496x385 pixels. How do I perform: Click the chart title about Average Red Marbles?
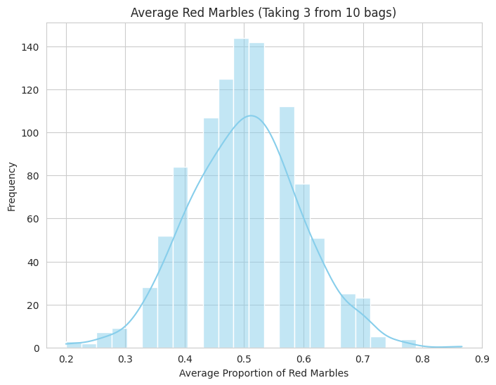pos(263,12)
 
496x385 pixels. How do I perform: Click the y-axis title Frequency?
pos(12,186)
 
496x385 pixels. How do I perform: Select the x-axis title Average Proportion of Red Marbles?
pos(263,373)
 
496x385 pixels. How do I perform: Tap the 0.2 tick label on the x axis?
pos(66,359)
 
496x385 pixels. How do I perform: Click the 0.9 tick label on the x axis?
pos(482,359)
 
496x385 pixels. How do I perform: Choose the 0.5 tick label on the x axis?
pos(244,359)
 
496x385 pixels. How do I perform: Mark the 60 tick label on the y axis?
pos(34,219)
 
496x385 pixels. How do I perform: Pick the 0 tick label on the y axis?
pos(37,348)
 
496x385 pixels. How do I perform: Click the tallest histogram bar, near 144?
pos(241,193)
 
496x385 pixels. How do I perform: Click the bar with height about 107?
pos(211,233)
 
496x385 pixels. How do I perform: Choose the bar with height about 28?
pos(150,317)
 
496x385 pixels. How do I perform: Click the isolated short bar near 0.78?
pos(408,343)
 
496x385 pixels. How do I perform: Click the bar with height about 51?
pos(317,293)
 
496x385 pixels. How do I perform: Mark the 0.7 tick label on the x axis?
pos(363,359)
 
